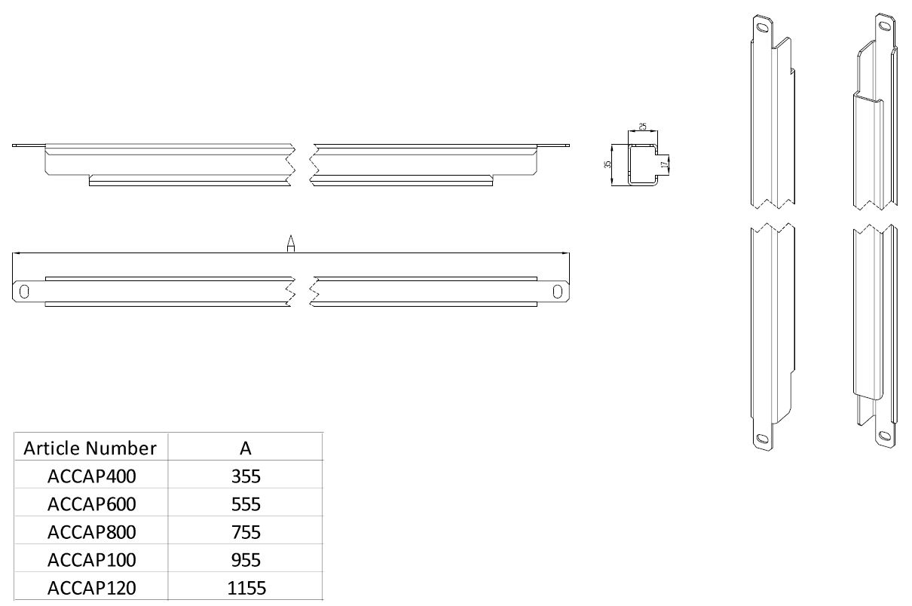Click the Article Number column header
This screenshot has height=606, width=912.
[x=90, y=448]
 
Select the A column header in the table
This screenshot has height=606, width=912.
[x=246, y=448]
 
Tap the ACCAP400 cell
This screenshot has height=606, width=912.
[x=92, y=476]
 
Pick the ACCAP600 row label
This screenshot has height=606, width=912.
[x=92, y=504]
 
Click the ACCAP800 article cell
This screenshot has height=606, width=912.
[x=92, y=532]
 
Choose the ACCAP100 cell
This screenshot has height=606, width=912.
[x=92, y=560]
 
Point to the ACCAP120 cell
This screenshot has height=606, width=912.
[x=92, y=588]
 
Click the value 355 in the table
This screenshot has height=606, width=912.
[x=246, y=476]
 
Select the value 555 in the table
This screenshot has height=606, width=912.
[x=246, y=504]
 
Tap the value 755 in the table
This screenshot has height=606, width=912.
[x=246, y=532]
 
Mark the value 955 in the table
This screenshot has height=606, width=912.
[x=246, y=560]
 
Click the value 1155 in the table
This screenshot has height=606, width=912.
[x=246, y=588]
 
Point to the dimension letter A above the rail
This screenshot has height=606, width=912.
[x=291, y=243]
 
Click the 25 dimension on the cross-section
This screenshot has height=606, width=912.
[x=643, y=126]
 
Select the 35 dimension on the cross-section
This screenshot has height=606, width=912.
[x=608, y=164]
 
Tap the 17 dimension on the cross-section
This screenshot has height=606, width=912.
[x=664, y=163]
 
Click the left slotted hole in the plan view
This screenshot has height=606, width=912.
[x=25, y=291]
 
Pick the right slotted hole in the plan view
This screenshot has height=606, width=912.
[x=558, y=291]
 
